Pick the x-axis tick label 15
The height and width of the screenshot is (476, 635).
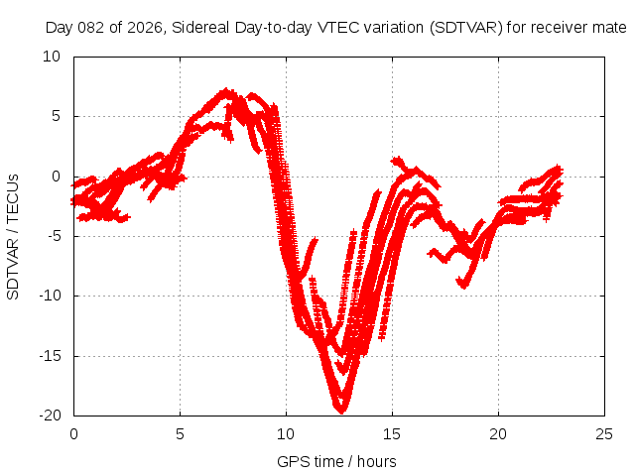click(392, 434)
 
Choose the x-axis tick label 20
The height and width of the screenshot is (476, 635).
click(498, 434)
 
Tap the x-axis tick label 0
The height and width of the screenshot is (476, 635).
click(73, 434)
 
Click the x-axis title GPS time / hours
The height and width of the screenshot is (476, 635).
click(336, 461)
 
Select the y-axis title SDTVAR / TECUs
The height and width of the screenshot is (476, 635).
click(14, 236)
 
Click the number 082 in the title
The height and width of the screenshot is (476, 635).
click(92, 27)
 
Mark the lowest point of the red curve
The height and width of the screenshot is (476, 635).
click(340, 408)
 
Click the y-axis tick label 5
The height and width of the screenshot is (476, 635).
click(57, 116)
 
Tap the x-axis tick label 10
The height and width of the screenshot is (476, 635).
click(286, 434)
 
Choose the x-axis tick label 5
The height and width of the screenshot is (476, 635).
click(180, 434)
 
